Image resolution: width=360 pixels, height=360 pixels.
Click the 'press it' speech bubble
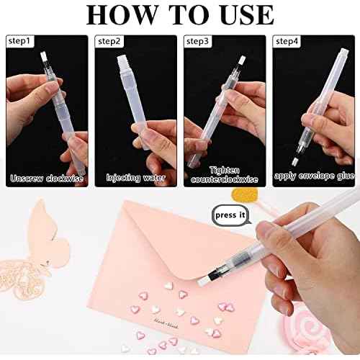point(229,215)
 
